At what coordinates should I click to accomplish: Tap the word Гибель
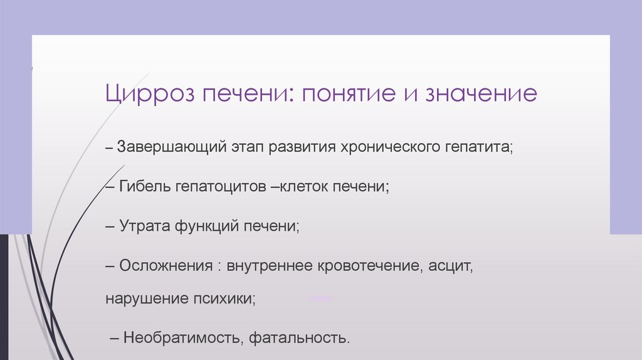click(x=145, y=187)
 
